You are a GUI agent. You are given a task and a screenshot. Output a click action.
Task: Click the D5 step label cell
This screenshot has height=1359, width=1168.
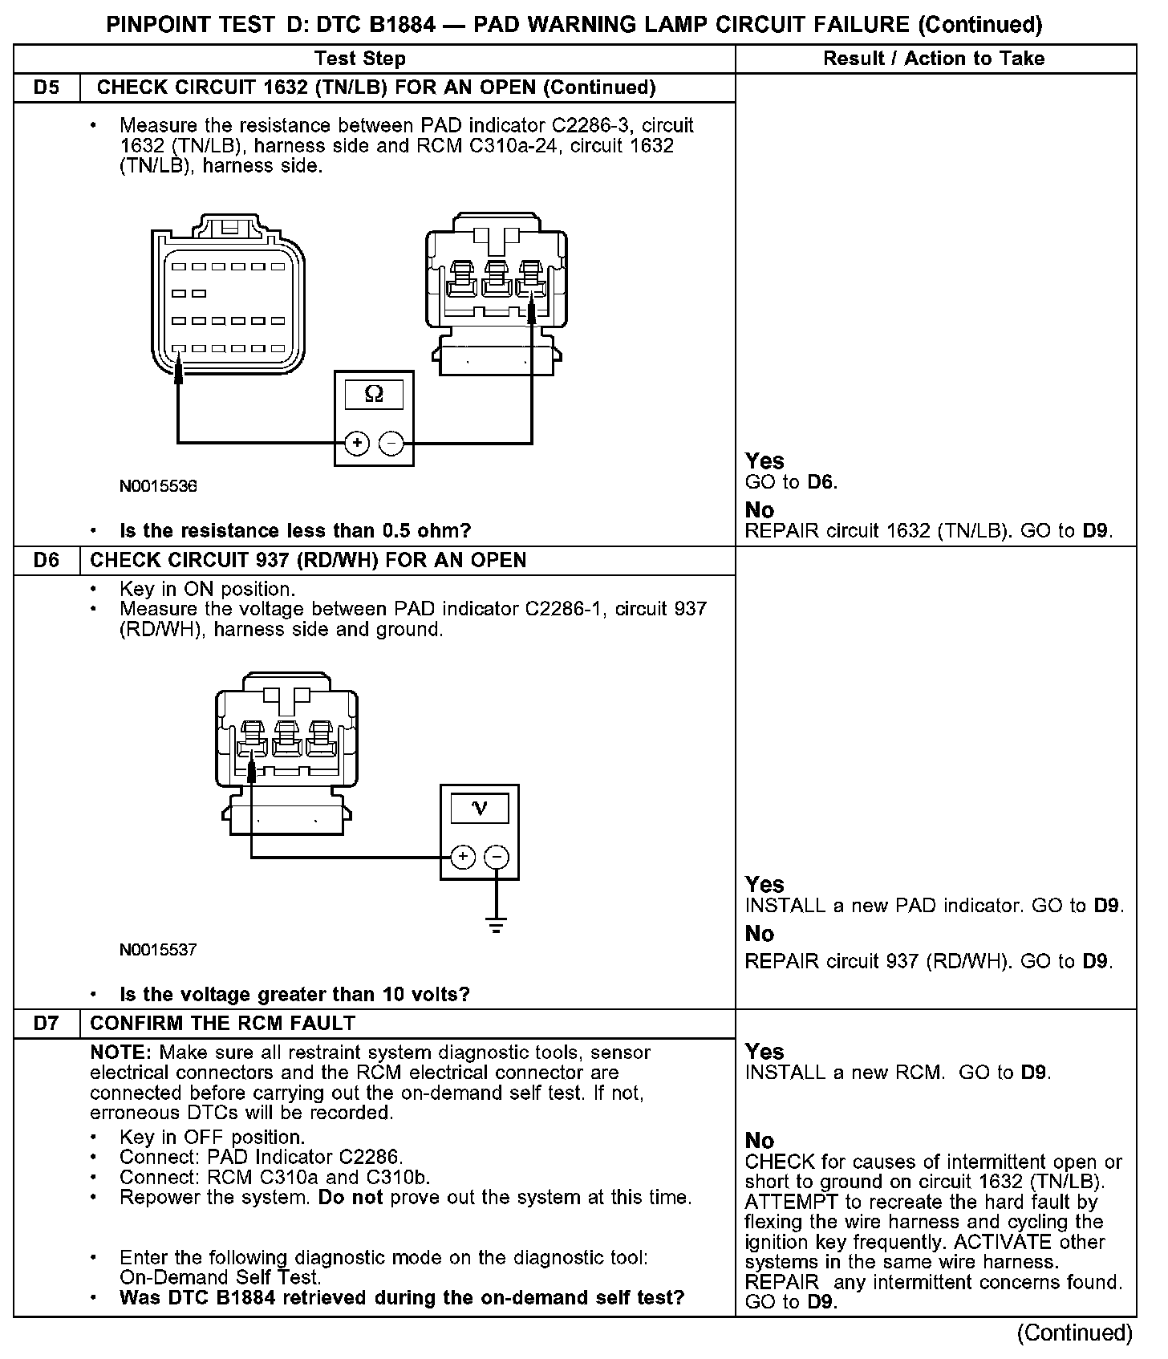tap(47, 87)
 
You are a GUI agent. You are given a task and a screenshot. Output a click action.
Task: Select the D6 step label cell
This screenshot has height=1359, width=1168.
tap(47, 560)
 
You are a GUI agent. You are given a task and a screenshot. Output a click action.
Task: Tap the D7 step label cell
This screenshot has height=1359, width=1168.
tap(47, 1023)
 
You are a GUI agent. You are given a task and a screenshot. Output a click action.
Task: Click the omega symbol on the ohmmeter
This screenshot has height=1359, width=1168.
tap(374, 394)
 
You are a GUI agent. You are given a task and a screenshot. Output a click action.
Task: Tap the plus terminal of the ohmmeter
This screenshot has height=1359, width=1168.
tap(356, 443)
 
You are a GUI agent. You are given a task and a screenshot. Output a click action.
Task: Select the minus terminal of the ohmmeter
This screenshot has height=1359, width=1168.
tap(391, 443)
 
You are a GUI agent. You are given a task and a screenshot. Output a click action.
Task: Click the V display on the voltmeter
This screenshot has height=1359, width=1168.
tap(480, 808)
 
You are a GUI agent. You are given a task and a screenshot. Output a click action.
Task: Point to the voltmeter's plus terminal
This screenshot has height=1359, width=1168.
tap(463, 858)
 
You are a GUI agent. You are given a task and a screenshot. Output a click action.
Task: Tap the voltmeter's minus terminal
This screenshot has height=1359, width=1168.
tap(497, 858)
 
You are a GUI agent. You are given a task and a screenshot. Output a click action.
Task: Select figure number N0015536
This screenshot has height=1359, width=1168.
tap(158, 486)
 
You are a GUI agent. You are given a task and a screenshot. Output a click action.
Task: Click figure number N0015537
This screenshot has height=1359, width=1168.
tap(158, 950)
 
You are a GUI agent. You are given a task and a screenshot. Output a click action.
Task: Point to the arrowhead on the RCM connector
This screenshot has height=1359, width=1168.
tap(179, 371)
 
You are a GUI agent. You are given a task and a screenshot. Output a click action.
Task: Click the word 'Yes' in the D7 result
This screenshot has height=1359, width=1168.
tap(764, 1052)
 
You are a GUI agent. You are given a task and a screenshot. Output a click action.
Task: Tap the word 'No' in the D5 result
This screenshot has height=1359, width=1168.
tap(760, 510)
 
